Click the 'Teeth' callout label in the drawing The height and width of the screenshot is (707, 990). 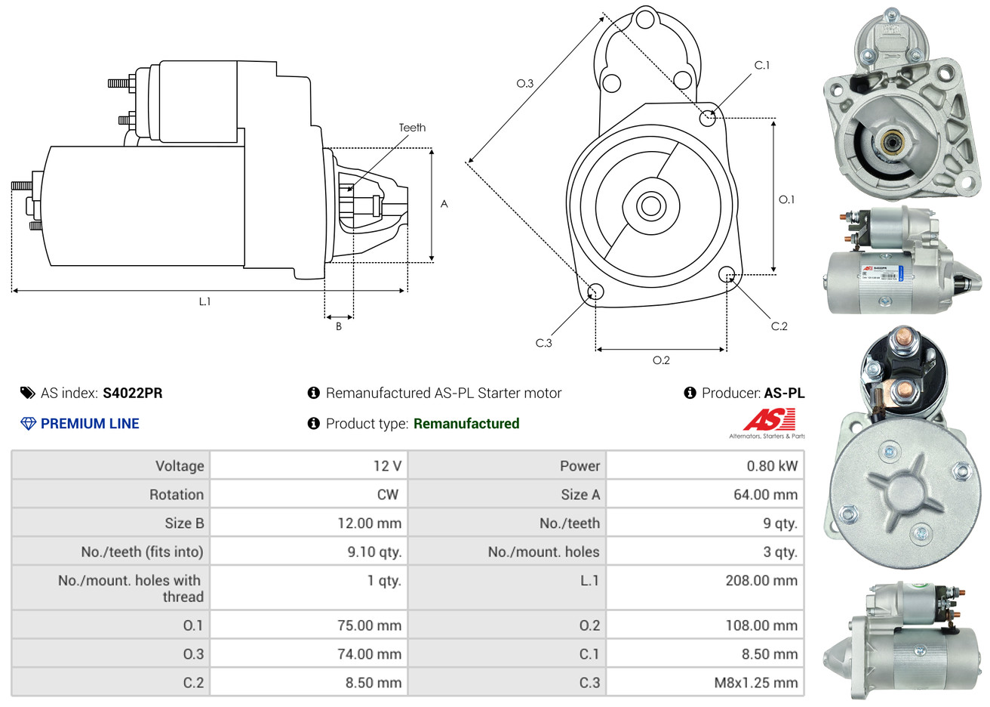tap(412, 128)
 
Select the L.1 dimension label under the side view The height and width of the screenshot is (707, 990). tap(204, 301)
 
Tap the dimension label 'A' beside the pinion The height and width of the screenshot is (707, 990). tap(444, 204)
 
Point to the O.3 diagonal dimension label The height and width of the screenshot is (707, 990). tap(524, 83)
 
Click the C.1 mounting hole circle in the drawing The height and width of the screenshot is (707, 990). tap(708, 117)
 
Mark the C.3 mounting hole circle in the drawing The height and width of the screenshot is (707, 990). tap(595, 292)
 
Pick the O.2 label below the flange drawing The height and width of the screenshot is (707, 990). tap(661, 360)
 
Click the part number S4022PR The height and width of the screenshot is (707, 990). tap(132, 393)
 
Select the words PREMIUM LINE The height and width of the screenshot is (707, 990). tap(90, 424)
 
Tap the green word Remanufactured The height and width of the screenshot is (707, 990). tap(466, 424)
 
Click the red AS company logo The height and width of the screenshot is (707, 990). tap(769, 420)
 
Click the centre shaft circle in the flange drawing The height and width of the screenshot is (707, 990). tap(650, 205)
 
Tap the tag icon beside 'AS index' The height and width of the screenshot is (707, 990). tap(28, 393)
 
